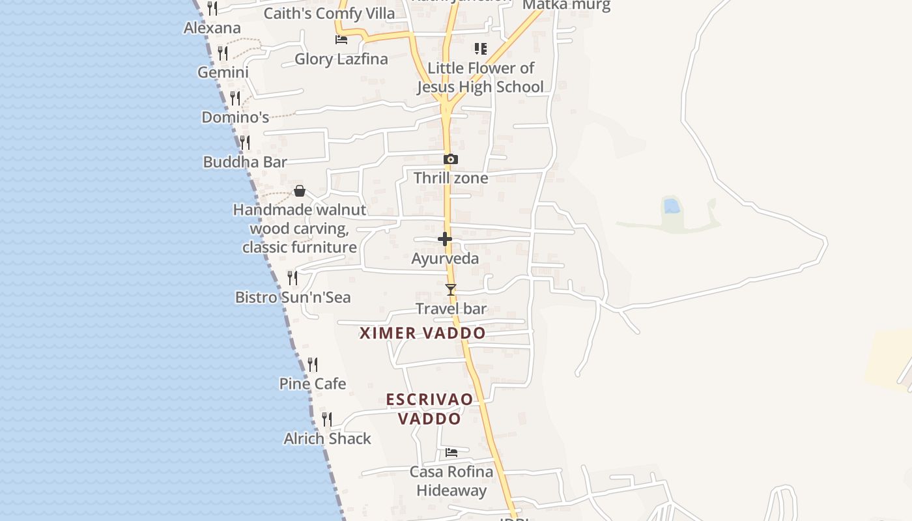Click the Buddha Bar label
245,162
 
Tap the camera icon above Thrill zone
450,159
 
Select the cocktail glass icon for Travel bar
450,290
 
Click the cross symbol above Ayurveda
445,239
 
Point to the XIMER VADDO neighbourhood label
423,333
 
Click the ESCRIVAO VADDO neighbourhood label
429,409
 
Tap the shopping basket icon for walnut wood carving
300,191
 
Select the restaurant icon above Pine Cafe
313,364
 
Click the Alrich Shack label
327,439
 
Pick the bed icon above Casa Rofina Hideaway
451,452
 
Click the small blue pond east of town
672,207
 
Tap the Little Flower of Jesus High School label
480,77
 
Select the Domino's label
235,118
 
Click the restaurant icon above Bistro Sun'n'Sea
292,278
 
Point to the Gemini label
223,72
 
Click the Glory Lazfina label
341,59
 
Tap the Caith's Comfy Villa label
329,14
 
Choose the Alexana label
212,28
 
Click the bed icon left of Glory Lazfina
341,40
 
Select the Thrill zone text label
450,178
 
